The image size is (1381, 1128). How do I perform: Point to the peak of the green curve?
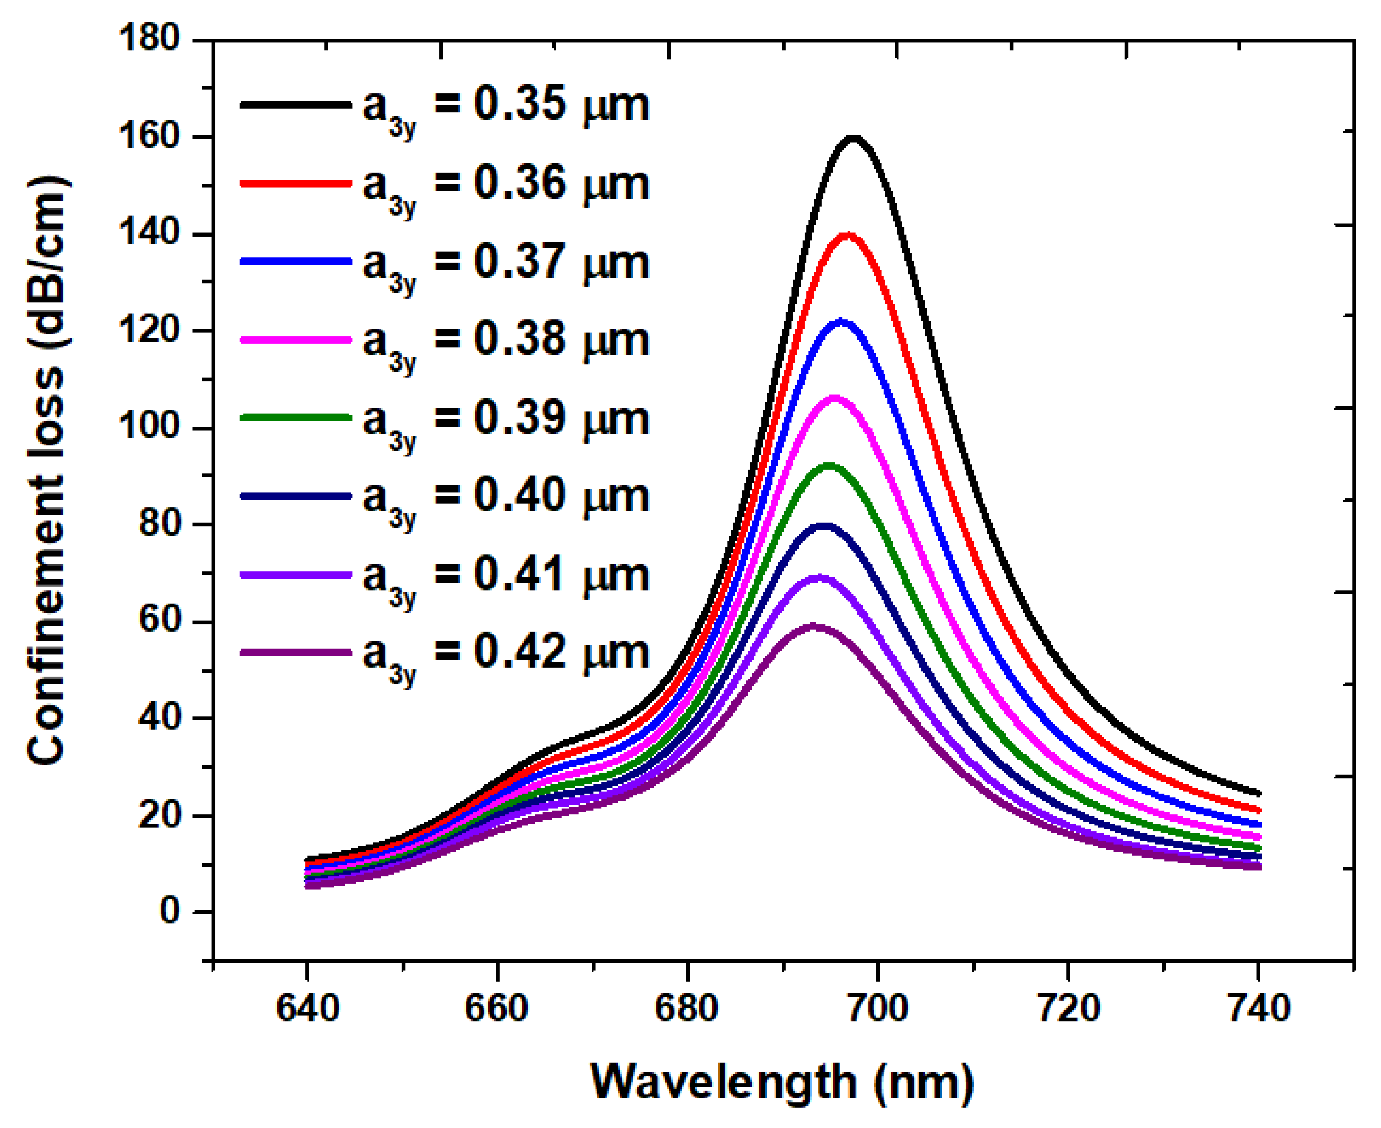(829, 466)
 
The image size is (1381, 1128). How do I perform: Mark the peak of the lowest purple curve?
(812, 626)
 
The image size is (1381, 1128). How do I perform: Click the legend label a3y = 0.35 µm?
(506, 107)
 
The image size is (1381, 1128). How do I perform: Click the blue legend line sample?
(296, 261)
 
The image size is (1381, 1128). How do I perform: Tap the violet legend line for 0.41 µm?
(296, 575)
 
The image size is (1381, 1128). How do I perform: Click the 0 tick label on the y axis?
(169, 912)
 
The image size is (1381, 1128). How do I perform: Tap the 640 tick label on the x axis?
(307, 1009)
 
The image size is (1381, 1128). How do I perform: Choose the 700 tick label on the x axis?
(877, 1009)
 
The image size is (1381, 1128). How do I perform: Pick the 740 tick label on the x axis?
(1258, 1009)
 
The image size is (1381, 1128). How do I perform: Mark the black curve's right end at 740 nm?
(1259, 794)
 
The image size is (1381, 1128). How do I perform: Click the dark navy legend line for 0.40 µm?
(296, 496)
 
